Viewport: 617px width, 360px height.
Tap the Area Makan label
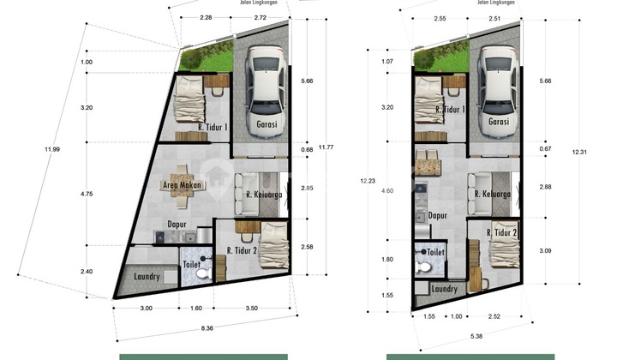coord(181,184)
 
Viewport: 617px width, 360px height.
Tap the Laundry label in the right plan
coord(445,289)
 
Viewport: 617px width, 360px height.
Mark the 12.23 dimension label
coord(368,181)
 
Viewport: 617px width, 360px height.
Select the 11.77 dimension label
coord(325,147)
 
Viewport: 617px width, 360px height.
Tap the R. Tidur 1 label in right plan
coord(449,110)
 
